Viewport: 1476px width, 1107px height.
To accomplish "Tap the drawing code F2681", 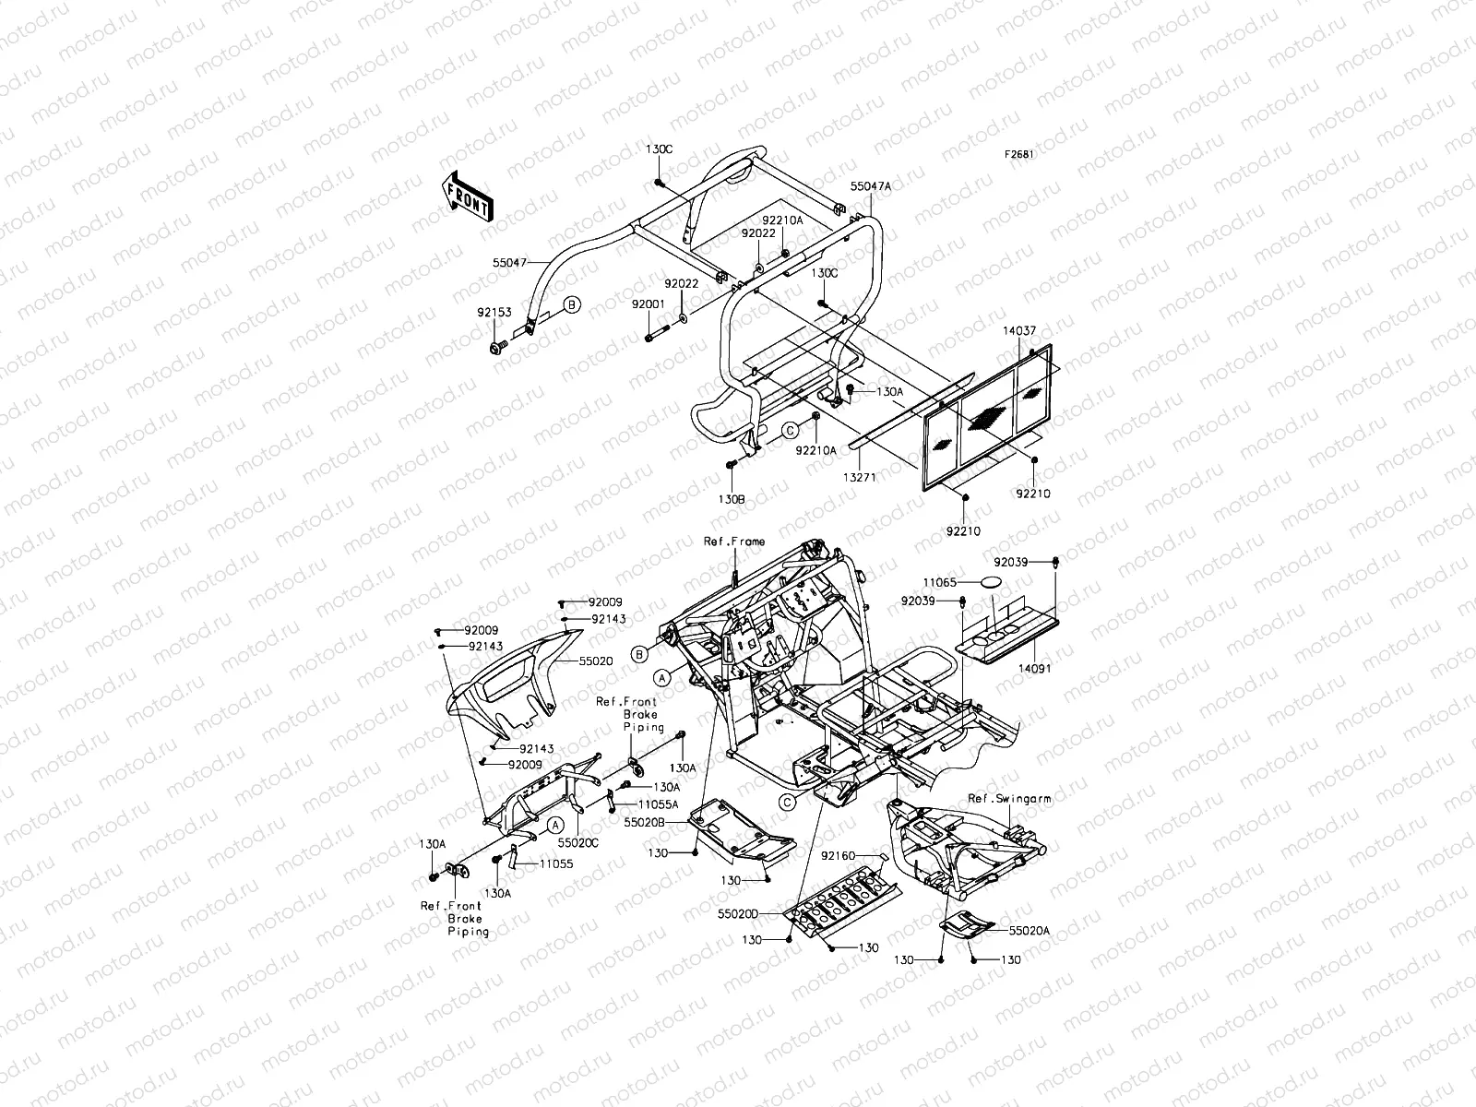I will pos(1019,155).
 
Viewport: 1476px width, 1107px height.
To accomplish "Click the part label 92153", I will pos(494,313).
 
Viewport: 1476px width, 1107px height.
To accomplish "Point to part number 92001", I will pos(648,304).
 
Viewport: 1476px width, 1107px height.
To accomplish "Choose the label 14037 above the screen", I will pos(1018,329).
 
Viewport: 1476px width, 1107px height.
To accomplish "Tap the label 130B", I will pos(732,498).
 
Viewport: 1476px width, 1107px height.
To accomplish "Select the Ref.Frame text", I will pos(733,542).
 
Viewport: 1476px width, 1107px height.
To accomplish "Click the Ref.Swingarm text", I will pos(1009,799).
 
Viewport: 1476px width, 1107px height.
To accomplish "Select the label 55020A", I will pos(1029,932).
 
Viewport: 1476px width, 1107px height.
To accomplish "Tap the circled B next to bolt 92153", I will pos(571,304).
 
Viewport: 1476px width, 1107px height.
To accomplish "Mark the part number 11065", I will pos(941,583).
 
